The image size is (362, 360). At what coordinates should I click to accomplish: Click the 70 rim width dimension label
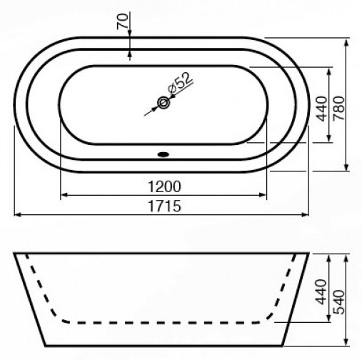(123, 21)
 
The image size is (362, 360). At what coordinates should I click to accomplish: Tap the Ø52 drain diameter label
(180, 83)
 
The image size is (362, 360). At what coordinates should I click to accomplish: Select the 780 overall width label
(338, 108)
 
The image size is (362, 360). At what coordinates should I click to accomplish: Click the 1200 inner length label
(164, 186)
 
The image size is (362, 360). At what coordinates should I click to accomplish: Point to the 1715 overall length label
(164, 206)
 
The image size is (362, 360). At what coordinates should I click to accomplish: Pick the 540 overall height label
(338, 301)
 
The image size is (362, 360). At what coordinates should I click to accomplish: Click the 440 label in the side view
(321, 292)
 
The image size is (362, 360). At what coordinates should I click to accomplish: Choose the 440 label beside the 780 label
(321, 109)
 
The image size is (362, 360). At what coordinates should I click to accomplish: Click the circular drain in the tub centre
(164, 103)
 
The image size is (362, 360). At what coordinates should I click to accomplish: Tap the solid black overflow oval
(164, 154)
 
